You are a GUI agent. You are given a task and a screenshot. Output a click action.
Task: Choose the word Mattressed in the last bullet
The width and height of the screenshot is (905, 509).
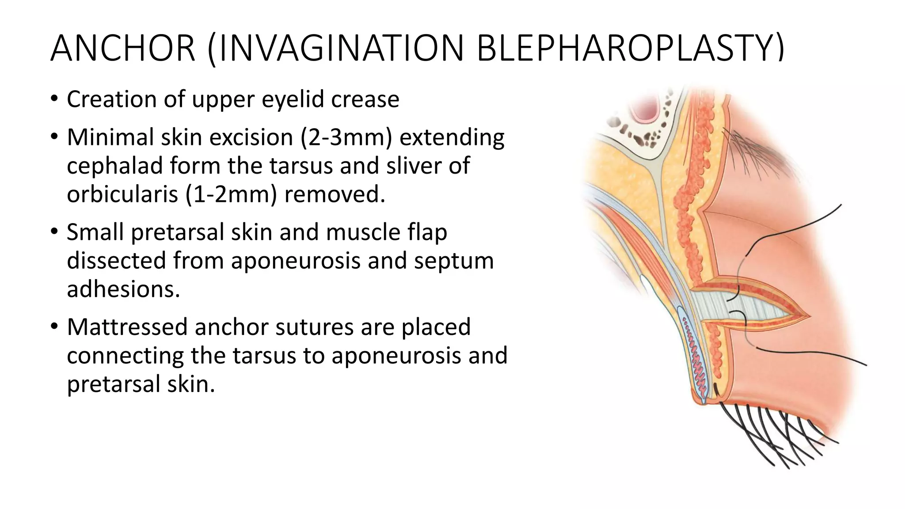click(x=127, y=327)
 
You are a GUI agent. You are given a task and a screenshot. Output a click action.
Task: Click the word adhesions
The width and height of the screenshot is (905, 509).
click(x=123, y=289)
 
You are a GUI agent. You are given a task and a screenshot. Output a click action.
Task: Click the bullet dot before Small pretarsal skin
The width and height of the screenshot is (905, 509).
click(x=54, y=232)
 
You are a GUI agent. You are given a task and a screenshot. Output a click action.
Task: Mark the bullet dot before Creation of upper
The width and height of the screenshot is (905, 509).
click(x=54, y=99)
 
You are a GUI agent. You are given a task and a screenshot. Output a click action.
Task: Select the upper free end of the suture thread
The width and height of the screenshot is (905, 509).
click(x=840, y=205)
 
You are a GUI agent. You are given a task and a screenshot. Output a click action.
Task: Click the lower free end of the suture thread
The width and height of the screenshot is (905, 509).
click(x=865, y=365)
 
